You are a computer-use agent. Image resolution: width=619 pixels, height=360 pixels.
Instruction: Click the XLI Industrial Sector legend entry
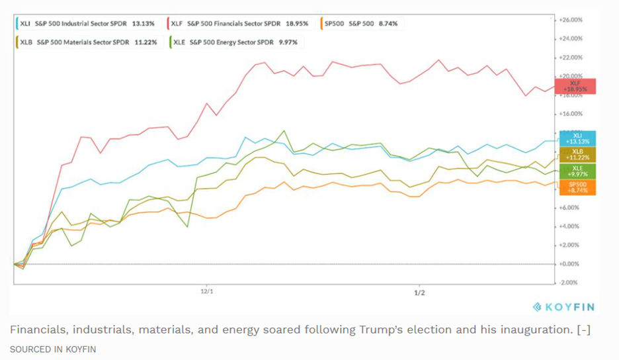click(85, 24)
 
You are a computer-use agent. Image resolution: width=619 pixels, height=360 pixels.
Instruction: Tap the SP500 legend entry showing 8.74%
click(361, 24)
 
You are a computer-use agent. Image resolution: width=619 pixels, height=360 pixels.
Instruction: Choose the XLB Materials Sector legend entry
click(88, 42)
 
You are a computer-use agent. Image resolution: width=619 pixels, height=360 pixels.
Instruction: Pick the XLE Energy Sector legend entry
click(235, 42)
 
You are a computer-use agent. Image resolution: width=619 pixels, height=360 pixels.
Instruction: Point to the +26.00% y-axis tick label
click(571, 20)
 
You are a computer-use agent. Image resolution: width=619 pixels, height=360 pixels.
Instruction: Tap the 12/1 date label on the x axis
click(206, 291)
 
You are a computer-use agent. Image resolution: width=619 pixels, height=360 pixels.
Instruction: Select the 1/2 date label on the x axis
click(419, 291)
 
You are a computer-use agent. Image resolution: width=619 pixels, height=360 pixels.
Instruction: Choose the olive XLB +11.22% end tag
click(577, 155)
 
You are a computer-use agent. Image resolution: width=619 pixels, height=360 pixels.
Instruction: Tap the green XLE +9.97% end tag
click(577, 171)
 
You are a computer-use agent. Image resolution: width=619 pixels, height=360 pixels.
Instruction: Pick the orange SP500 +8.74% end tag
click(577, 187)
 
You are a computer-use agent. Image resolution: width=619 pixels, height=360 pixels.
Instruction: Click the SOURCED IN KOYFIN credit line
click(53, 349)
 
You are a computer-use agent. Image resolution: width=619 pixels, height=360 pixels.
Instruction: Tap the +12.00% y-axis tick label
click(571, 151)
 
